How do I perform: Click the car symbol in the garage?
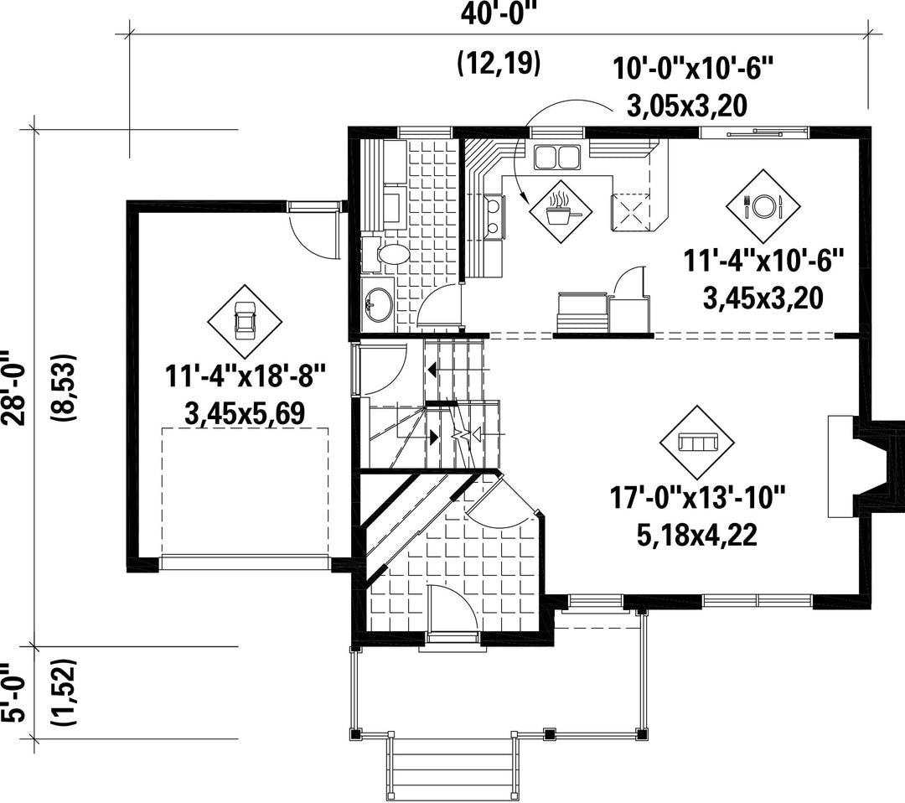coord(245,322)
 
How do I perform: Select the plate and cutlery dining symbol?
coord(763,206)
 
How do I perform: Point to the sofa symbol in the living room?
coord(697,443)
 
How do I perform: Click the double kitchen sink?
coord(556,157)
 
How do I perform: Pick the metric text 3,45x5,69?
coord(245,413)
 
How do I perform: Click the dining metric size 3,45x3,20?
coord(763,298)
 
